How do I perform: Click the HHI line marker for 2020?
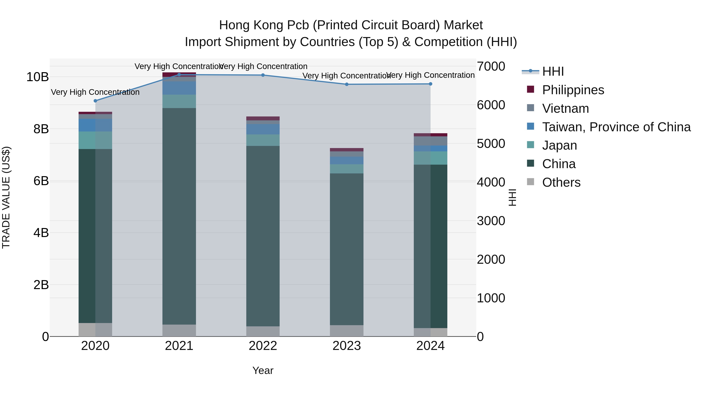(95, 101)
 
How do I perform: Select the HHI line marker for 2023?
(347, 84)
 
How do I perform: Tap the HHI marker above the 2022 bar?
(263, 75)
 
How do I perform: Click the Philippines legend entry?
(573, 90)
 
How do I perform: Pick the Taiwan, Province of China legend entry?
(616, 127)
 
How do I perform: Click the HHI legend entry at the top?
(553, 71)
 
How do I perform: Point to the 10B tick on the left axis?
(37, 77)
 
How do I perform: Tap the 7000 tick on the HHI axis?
(491, 66)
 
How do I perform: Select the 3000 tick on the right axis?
(491, 221)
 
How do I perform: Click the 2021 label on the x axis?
(179, 346)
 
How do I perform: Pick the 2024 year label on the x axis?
(430, 346)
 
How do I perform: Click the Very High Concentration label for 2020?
(95, 92)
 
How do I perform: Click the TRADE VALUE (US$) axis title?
(6, 197)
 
